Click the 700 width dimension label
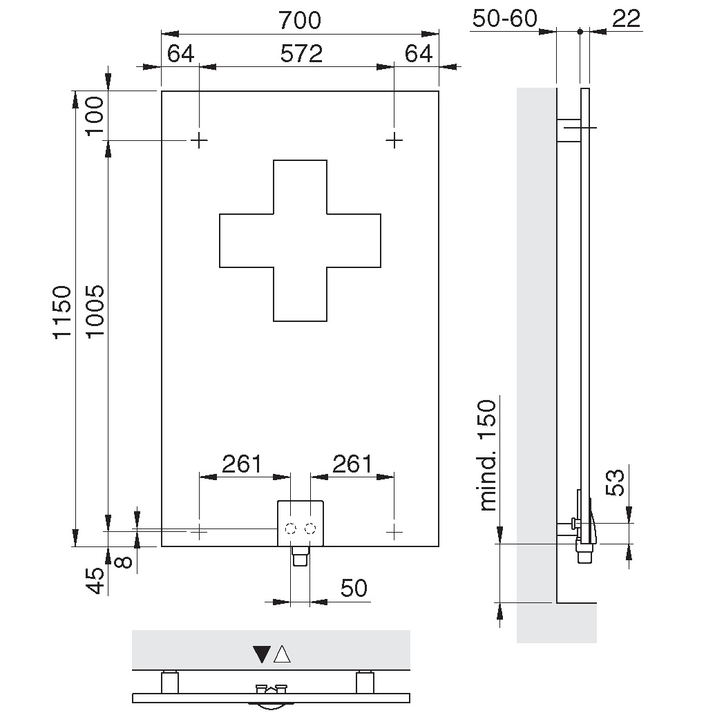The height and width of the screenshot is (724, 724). pyautogui.click(x=300, y=20)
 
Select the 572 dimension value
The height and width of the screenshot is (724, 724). pyautogui.click(x=301, y=54)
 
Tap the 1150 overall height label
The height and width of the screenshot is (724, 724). pyautogui.click(x=62, y=312)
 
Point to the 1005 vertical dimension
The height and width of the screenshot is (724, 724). pyautogui.click(x=95, y=312)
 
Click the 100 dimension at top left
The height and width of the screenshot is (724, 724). pyautogui.click(x=95, y=115)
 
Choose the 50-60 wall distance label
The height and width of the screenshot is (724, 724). pyautogui.click(x=505, y=19)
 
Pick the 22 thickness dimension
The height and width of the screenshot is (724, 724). pyautogui.click(x=627, y=19)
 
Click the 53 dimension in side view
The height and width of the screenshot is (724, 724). pyautogui.click(x=615, y=483)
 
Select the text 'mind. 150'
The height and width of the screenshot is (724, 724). pyautogui.click(x=488, y=455)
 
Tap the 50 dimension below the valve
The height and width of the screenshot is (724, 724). pyautogui.click(x=354, y=589)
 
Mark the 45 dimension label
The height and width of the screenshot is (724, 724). pyautogui.click(x=96, y=581)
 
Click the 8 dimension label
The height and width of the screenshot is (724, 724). pyautogui.click(x=123, y=562)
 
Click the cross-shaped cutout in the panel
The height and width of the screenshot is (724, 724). pyautogui.click(x=300, y=240)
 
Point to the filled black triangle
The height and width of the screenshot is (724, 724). pyautogui.click(x=262, y=654)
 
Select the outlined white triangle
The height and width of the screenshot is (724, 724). pyautogui.click(x=282, y=654)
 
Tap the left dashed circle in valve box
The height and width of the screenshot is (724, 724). pyautogui.click(x=290, y=528)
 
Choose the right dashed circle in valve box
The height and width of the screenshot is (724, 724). pyautogui.click(x=311, y=528)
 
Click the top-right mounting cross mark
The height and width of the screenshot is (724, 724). pyautogui.click(x=394, y=140)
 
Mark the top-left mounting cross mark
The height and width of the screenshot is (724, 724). pyautogui.click(x=199, y=140)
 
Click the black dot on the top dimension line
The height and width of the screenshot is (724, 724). pyautogui.click(x=580, y=32)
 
